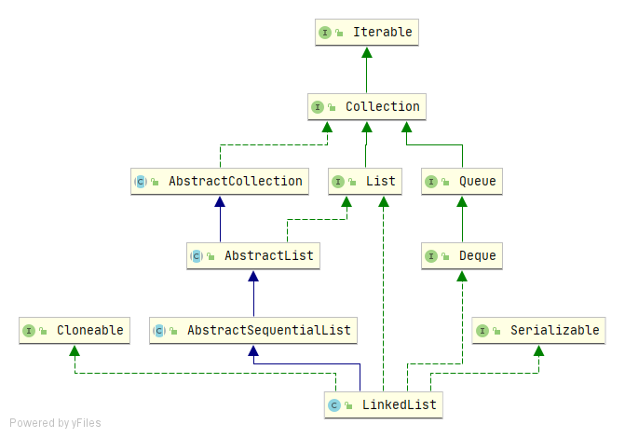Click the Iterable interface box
[x=365, y=33]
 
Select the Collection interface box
[x=367, y=107]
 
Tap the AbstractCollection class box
[x=220, y=182]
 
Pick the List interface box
[x=365, y=182]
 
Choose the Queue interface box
[x=462, y=182]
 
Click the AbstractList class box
[x=253, y=256]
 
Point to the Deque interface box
[x=462, y=256]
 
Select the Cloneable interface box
[x=75, y=331]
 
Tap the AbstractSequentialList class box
[x=254, y=331]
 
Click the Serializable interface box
[x=538, y=331]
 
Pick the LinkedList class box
[x=383, y=405]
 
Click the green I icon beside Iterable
[x=325, y=33]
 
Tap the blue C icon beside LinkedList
[x=333, y=405]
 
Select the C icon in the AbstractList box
[x=196, y=256]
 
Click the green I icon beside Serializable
[x=482, y=331]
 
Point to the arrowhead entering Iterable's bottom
[x=365, y=53]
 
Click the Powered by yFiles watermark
[x=55, y=423]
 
